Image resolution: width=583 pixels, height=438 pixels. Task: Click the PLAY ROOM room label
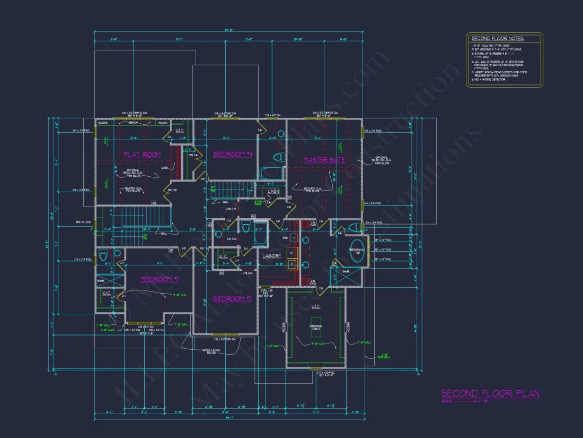pyautogui.click(x=142, y=154)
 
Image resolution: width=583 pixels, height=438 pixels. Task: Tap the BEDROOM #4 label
pyautogui.click(x=233, y=154)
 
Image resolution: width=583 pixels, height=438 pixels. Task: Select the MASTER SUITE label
pyautogui.click(x=324, y=159)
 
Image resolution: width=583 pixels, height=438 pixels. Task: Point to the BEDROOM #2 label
pyautogui.click(x=160, y=279)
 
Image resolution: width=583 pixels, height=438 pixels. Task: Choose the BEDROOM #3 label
pyautogui.click(x=232, y=299)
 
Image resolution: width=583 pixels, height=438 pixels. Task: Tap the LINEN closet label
pyautogui.click(x=273, y=191)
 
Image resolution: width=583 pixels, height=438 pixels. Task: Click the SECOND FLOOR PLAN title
pyautogui.click(x=490, y=393)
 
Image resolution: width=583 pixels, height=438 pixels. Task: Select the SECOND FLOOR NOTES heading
pyautogui.click(x=497, y=39)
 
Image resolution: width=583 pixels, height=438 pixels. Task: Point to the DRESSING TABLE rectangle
pyautogui.click(x=316, y=327)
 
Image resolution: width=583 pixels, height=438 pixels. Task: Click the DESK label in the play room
pyautogui.click(x=164, y=168)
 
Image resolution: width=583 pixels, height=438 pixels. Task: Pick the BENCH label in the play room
pyautogui.click(x=133, y=123)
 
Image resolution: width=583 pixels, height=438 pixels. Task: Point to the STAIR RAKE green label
pyautogui.click(x=258, y=202)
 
